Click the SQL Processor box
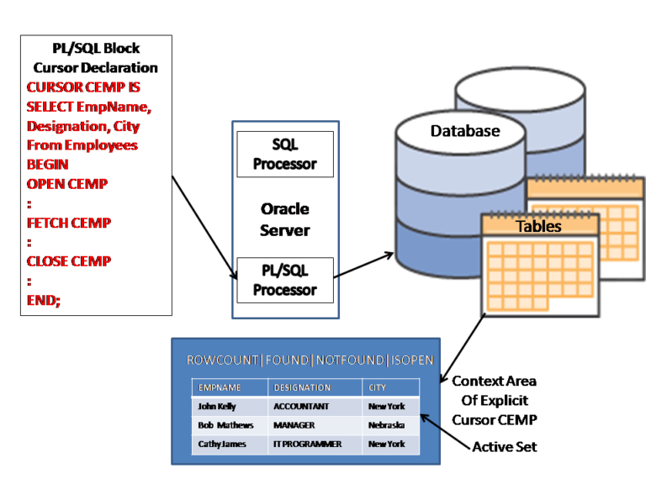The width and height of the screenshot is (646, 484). [x=284, y=154]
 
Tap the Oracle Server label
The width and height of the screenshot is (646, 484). [x=284, y=219]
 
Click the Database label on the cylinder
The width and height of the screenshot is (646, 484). [x=464, y=131]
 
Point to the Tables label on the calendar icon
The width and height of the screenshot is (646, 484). [x=538, y=226]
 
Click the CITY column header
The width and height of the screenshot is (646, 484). [x=378, y=387]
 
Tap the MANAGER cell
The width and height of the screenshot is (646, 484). [x=294, y=425]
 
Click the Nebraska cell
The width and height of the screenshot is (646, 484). [x=386, y=425]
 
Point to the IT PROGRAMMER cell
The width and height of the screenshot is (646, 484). [x=307, y=444]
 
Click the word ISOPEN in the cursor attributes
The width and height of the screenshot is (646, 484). [x=411, y=360]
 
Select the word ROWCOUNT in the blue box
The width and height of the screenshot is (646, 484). [x=222, y=360]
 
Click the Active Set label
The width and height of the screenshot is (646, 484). [x=505, y=446]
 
